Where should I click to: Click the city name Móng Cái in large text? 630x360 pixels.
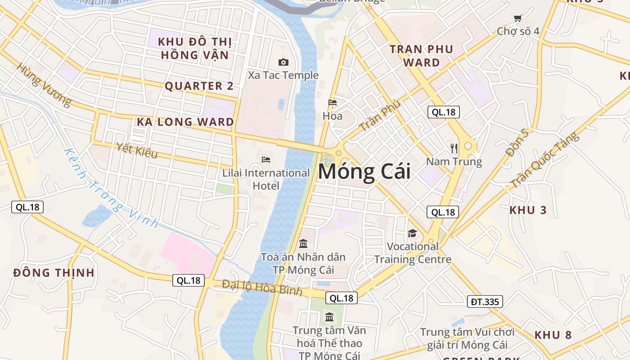(364, 172)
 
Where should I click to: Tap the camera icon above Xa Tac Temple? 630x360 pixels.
(283, 63)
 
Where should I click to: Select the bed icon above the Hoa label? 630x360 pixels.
(333, 103)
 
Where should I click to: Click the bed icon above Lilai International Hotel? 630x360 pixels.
(266, 160)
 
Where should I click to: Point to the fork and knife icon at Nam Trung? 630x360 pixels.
(454, 148)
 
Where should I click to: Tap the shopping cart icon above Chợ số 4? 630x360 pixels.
(517, 18)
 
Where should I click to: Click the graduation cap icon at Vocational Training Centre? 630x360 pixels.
(412, 233)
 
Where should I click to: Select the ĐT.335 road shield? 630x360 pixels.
(485, 301)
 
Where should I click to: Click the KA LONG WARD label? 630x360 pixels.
(185, 122)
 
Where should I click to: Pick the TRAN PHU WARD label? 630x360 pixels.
(421, 56)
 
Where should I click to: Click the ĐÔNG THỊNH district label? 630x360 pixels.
(54, 273)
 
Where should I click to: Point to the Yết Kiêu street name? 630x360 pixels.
(136, 150)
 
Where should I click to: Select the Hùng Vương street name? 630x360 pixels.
(44, 85)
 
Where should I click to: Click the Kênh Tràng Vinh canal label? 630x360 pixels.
(111, 188)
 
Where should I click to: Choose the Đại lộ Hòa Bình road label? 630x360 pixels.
(262, 288)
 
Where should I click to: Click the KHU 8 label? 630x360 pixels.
(553, 335)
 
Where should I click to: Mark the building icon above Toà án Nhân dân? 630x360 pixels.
(303, 244)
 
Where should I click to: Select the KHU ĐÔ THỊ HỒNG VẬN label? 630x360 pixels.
(195, 49)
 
